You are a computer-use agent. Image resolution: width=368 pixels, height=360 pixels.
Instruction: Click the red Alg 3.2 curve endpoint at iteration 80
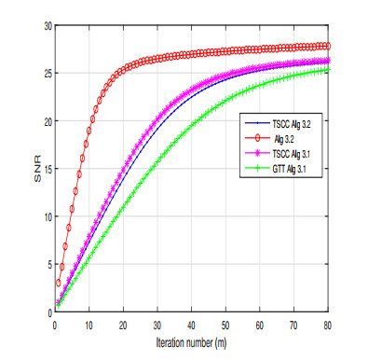point(327,46)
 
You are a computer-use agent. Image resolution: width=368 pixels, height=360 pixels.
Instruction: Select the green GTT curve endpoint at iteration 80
point(327,70)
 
